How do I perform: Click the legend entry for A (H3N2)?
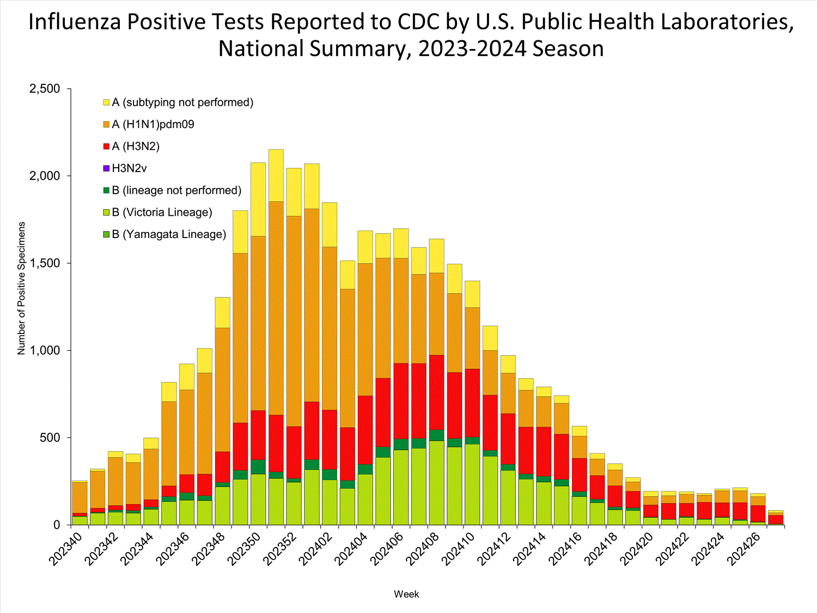136,147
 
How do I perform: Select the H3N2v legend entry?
129,168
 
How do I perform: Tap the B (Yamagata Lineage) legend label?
169,234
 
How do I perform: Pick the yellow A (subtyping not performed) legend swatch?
106,102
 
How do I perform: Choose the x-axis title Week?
406,594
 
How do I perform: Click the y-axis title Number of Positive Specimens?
22,288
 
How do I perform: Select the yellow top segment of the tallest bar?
276,175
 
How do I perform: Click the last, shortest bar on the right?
776,518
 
